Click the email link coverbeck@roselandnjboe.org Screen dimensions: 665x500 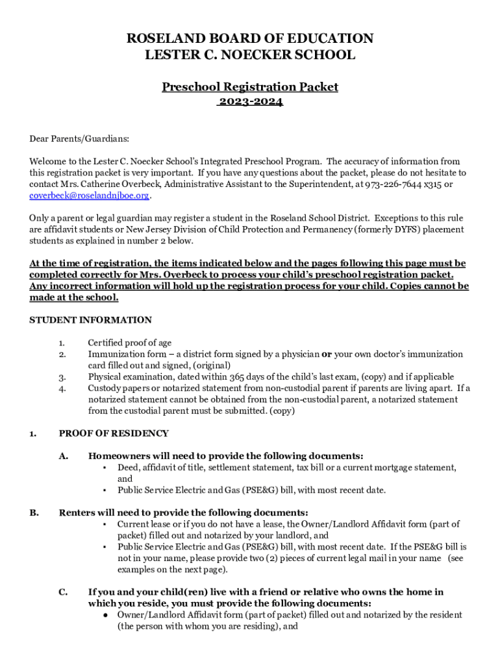click(x=90, y=195)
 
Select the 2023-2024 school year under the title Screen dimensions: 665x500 click(x=250, y=102)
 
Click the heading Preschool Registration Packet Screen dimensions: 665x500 click(x=250, y=87)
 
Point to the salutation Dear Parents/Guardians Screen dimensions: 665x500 click(x=79, y=138)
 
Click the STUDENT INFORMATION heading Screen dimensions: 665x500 click(x=91, y=320)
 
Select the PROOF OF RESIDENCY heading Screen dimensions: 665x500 click(x=114, y=433)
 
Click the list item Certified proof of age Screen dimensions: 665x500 click(x=130, y=343)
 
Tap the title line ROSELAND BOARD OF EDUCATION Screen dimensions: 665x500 click(x=250, y=39)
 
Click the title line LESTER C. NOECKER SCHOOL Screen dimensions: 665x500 click(x=250, y=55)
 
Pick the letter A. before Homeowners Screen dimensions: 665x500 click(x=64, y=456)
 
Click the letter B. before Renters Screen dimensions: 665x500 click(x=34, y=512)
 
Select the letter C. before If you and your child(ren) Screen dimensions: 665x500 click(x=64, y=592)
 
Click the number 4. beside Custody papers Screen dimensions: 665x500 click(x=62, y=388)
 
